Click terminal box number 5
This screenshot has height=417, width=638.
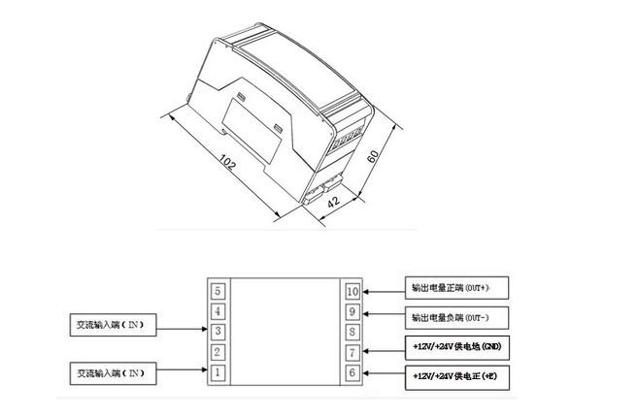coord(218,290)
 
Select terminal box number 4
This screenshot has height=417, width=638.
coord(218,310)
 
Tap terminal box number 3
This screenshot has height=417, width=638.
coord(218,331)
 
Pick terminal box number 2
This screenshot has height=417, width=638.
coord(218,351)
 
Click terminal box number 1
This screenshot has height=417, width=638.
coord(218,372)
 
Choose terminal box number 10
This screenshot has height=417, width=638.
coord(352,290)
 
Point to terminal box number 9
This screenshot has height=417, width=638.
coord(352,311)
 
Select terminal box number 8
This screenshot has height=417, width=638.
coord(352,332)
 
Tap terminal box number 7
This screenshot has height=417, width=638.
coord(352,352)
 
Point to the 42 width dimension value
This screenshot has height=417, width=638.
coord(331,203)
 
